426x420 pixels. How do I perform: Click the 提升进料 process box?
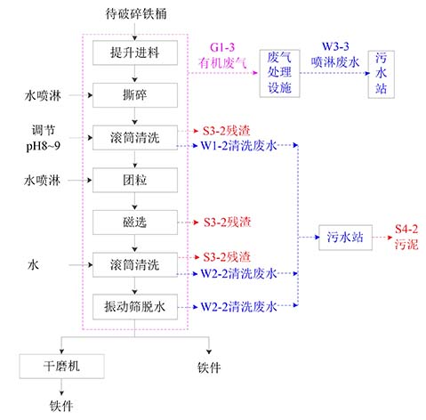(135, 52)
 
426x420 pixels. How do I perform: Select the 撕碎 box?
(135, 95)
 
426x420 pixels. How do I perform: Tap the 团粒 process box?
(135, 180)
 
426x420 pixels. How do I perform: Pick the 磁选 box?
(135, 222)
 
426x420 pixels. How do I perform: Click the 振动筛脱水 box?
(135, 307)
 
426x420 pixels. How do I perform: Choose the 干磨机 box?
(61, 367)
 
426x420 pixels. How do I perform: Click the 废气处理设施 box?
(279, 73)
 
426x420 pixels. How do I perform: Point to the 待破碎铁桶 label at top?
(136, 14)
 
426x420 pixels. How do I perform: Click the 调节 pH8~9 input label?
(44, 138)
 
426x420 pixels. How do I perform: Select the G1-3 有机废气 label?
(222, 55)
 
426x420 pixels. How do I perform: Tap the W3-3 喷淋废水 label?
(335, 54)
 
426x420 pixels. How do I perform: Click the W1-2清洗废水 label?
(239, 146)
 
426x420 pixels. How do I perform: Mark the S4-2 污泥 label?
(406, 237)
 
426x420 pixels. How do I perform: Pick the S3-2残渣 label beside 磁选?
(228, 222)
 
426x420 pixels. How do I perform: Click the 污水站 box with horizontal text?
(345, 238)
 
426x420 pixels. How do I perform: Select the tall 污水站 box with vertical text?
(382, 74)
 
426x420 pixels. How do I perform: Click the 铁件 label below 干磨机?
(61, 406)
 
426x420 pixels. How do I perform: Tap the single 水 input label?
(33, 264)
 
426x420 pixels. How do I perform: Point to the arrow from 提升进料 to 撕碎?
(135, 74)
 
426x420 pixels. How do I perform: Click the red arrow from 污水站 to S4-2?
(382, 238)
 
